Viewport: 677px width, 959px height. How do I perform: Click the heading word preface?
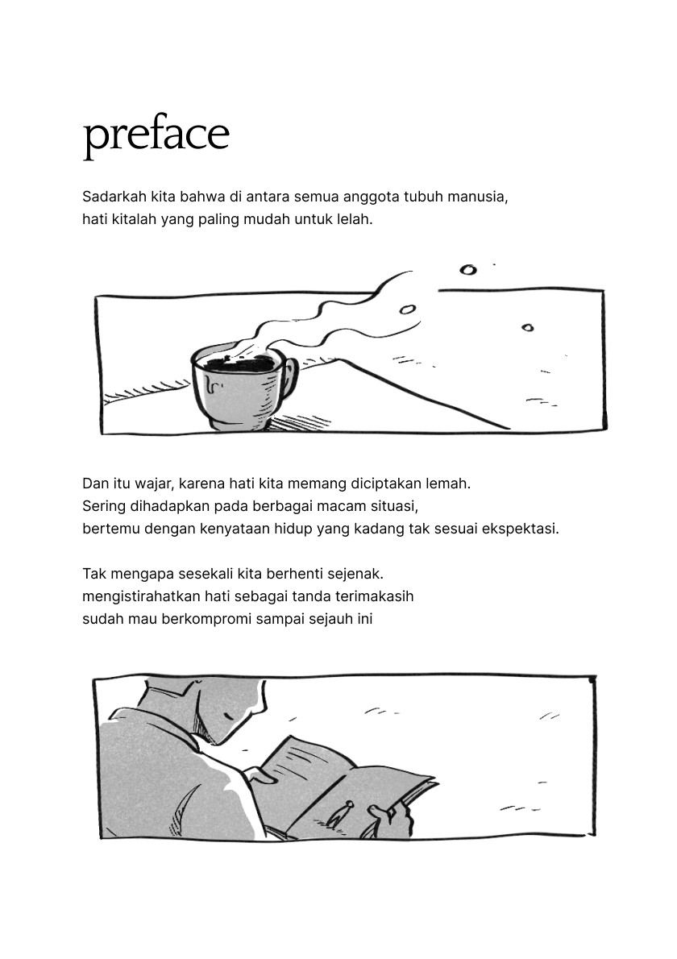tap(156, 135)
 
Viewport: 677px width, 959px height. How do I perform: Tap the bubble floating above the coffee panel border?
tap(467, 270)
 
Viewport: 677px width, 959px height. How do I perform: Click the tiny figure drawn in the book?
tap(338, 813)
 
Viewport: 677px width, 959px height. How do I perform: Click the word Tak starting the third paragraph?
tap(93, 574)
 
